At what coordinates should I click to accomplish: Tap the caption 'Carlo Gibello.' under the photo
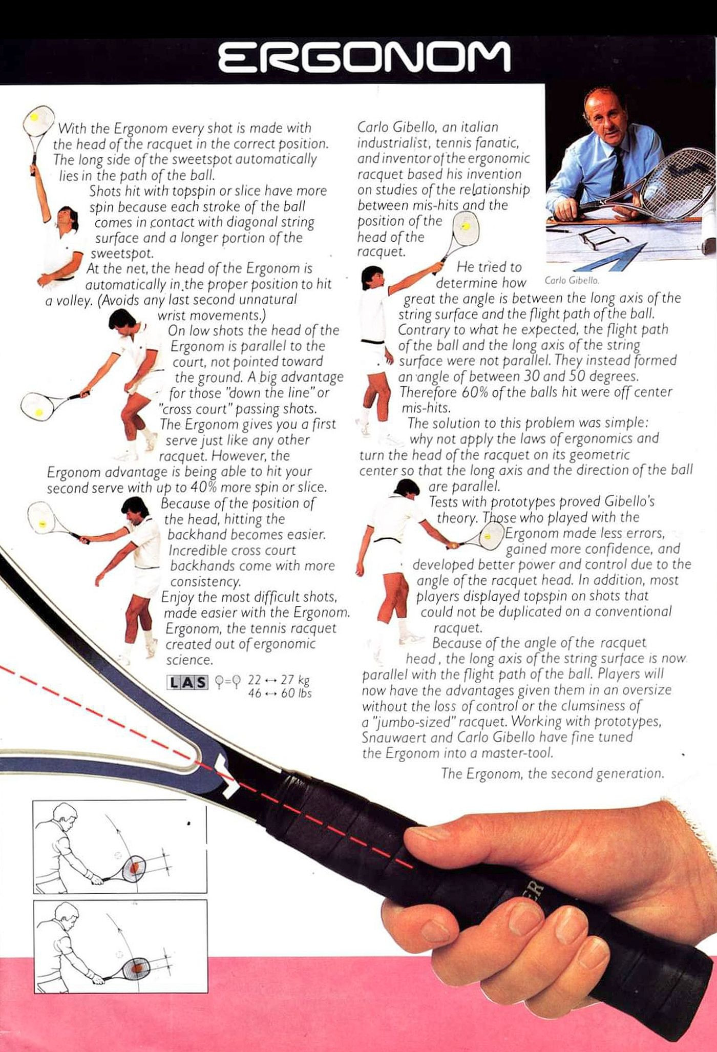point(572,280)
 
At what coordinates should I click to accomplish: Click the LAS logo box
point(187,682)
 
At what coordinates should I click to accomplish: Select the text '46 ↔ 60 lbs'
point(280,693)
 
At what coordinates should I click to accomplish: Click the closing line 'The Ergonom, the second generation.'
point(553,773)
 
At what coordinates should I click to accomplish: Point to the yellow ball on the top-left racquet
point(34,117)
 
